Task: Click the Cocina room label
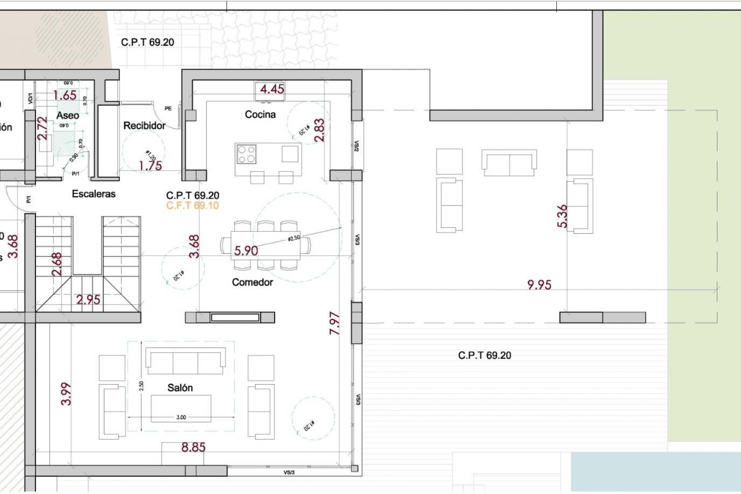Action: pos(260,114)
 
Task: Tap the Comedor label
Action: pos(252,282)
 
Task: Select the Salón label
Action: pos(180,388)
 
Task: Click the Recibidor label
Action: pos(144,125)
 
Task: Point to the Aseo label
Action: pos(68,115)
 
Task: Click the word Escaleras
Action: pos(94,194)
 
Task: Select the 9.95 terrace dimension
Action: pos(539,285)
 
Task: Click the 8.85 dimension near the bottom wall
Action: pos(193,447)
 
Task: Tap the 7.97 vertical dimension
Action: pos(335,323)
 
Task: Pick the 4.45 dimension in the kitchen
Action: pos(272,89)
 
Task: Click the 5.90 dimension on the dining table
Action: pos(246,251)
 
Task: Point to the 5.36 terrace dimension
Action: pos(563,216)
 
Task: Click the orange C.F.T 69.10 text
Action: pos(193,205)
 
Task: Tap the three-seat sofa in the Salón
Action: pos(185,361)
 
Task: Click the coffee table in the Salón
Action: pos(181,408)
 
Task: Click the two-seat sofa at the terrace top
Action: pos(509,163)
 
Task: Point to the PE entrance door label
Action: pos(168,108)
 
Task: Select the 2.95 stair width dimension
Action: pos(88,299)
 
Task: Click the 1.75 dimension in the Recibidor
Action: pos(151,166)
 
